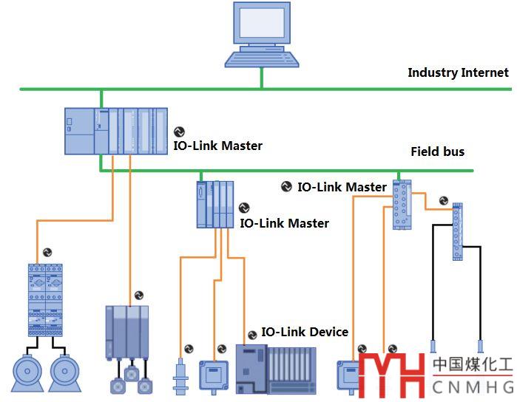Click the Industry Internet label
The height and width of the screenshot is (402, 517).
[458, 72]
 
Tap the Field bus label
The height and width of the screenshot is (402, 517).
[437, 151]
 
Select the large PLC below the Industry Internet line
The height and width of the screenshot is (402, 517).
[116, 131]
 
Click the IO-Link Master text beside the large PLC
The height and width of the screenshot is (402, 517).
[217, 146]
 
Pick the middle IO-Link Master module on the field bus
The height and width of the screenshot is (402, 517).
[215, 204]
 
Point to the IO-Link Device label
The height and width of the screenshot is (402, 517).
[304, 332]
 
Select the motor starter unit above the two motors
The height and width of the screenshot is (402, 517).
[45, 299]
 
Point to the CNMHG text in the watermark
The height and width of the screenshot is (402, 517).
[473, 387]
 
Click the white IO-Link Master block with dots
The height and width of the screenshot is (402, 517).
[402, 205]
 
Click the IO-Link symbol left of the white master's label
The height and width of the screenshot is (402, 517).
[287, 187]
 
